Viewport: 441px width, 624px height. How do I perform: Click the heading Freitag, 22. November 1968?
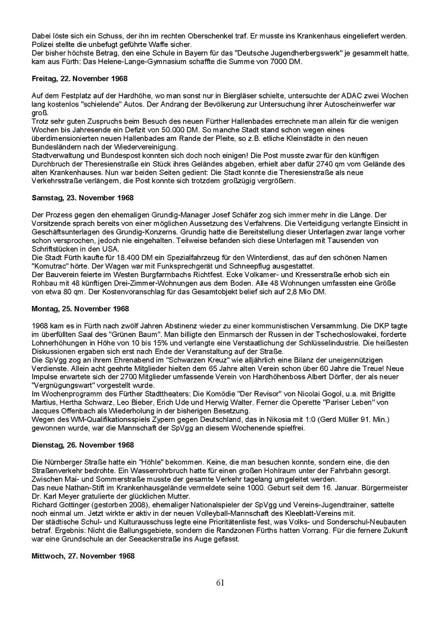80,79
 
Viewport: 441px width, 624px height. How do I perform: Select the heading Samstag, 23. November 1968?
83,198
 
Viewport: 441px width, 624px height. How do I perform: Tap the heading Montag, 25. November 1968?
80,309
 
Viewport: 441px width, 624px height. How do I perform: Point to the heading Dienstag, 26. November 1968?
83,445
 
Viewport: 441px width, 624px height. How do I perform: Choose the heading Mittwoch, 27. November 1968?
83,556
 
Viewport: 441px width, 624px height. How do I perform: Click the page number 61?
220,583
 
